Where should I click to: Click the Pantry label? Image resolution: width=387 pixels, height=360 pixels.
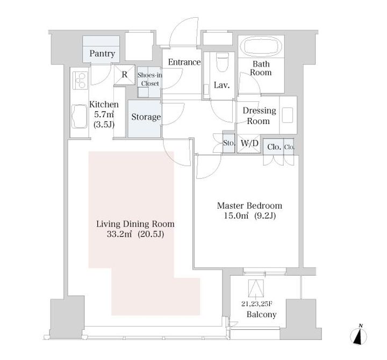[102, 54]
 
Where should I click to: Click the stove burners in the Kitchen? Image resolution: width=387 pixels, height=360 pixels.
[80, 80]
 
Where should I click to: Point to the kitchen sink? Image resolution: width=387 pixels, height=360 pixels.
[79, 116]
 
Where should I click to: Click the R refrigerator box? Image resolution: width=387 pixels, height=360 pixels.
[125, 74]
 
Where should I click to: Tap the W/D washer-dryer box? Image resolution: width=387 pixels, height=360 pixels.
[249, 143]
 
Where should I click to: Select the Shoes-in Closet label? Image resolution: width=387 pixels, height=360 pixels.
[150, 79]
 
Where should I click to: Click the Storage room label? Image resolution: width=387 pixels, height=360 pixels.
[146, 117]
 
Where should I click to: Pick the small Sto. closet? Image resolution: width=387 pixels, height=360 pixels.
[228, 143]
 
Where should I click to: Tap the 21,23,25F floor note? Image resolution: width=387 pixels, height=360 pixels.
[257, 304]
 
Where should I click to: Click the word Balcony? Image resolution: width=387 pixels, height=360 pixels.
[261, 315]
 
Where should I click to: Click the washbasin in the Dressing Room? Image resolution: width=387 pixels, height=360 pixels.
[288, 115]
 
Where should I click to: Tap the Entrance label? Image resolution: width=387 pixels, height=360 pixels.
[184, 62]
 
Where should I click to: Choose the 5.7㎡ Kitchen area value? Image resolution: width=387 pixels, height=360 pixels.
[104, 115]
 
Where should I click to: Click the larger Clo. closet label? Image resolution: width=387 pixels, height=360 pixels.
[274, 147]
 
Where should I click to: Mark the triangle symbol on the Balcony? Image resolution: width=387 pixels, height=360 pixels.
[256, 288]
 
